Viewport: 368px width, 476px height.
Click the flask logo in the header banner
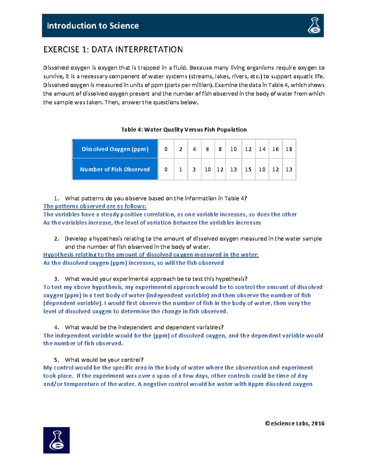pos(314,25)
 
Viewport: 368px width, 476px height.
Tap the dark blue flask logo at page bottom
pos(56,440)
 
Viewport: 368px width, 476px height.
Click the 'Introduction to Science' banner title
pos(93,26)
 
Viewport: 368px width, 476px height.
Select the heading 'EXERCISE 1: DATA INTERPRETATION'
pos(113,50)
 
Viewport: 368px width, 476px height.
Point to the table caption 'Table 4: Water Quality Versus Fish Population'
pos(184,130)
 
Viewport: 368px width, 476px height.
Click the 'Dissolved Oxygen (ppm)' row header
pos(115,149)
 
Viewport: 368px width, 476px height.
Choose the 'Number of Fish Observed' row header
pos(115,169)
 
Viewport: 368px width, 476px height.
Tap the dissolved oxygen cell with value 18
pos(289,149)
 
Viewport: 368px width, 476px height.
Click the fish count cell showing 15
pos(248,169)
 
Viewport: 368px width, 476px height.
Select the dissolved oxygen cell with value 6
pos(208,149)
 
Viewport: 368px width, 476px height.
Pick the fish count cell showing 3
pos(194,169)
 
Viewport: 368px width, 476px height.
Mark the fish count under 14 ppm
pos(262,169)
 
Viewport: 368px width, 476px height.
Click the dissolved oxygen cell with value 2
pos(181,149)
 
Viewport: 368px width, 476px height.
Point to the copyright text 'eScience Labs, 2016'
pos(295,423)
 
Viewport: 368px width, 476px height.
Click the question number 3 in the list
pos(56,279)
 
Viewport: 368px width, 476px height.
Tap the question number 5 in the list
pos(56,360)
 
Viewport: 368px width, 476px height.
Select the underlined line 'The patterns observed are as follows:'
pos(95,206)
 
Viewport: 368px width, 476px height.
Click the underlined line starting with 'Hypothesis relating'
pos(151,255)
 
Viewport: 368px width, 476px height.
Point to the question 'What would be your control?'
pos(104,360)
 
